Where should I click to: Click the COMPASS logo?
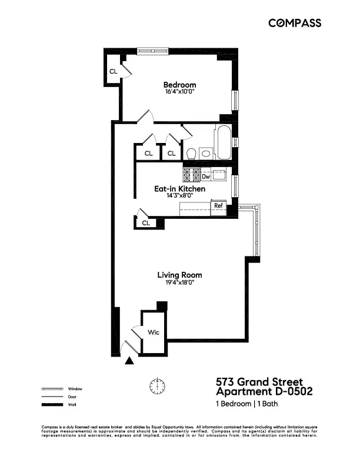point(295,23)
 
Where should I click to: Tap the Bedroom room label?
point(179,85)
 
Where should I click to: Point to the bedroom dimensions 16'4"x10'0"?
point(179,92)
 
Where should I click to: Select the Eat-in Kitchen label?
point(179,189)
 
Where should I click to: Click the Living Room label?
point(179,275)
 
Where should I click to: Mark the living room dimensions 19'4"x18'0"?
point(179,282)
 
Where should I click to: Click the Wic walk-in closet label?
point(153,332)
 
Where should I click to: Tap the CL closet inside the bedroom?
point(113,71)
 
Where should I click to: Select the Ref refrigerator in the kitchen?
point(218,206)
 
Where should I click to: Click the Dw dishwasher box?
point(206,176)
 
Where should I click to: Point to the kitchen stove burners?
point(191,174)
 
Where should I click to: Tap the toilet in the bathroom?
point(191,154)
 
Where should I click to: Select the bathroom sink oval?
point(205,154)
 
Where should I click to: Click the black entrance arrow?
point(130,361)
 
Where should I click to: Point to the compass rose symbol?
point(157,386)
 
